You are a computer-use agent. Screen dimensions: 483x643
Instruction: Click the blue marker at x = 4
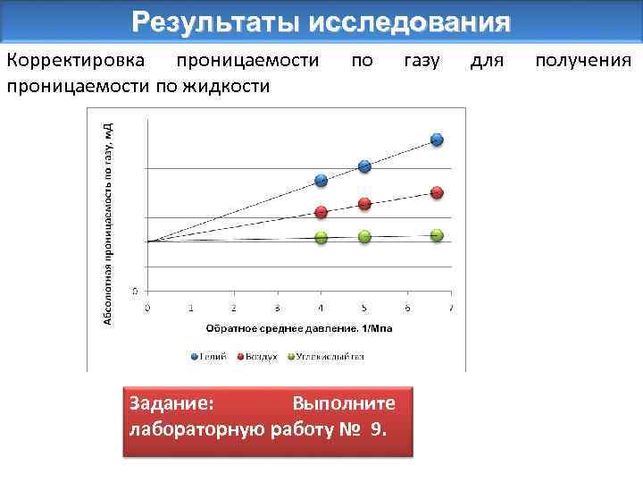click(x=321, y=181)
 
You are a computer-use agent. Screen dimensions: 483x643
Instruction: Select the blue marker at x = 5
click(x=364, y=166)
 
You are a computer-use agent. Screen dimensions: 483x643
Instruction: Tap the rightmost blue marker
click(x=437, y=140)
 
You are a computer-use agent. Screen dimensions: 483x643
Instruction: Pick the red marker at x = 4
click(x=321, y=212)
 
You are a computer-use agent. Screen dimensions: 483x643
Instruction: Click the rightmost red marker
click(x=437, y=192)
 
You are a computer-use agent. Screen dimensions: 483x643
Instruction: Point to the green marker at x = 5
click(x=364, y=237)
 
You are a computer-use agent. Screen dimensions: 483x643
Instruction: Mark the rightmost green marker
click(x=437, y=235)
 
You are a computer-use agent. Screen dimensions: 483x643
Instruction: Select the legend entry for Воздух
click(x=258, y=356)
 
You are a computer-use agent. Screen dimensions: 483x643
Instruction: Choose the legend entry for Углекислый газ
click(x=325, y=356)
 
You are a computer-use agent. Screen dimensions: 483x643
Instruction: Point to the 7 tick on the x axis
click(x=451, y=309)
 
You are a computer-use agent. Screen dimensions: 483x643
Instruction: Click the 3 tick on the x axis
click(x=278, y=309)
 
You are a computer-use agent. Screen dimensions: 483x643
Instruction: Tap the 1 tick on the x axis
click(x=191, y=309)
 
